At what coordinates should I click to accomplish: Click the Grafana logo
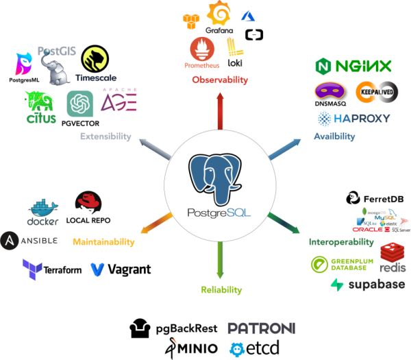pos(219,14)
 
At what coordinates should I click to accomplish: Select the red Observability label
pos(219,80)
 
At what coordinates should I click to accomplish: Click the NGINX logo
pos(353,67)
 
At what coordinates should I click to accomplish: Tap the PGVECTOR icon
pos(79,104)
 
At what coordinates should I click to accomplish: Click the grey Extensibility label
pos(105,136)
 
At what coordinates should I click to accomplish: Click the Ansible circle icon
pos(10,241)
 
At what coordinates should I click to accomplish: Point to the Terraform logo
pos(52,269)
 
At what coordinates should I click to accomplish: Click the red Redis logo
pos(393,260)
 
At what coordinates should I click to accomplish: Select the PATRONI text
pos(262,329)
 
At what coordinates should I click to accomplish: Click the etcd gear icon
pos(238,348)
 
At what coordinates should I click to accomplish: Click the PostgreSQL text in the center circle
pos(219,213)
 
